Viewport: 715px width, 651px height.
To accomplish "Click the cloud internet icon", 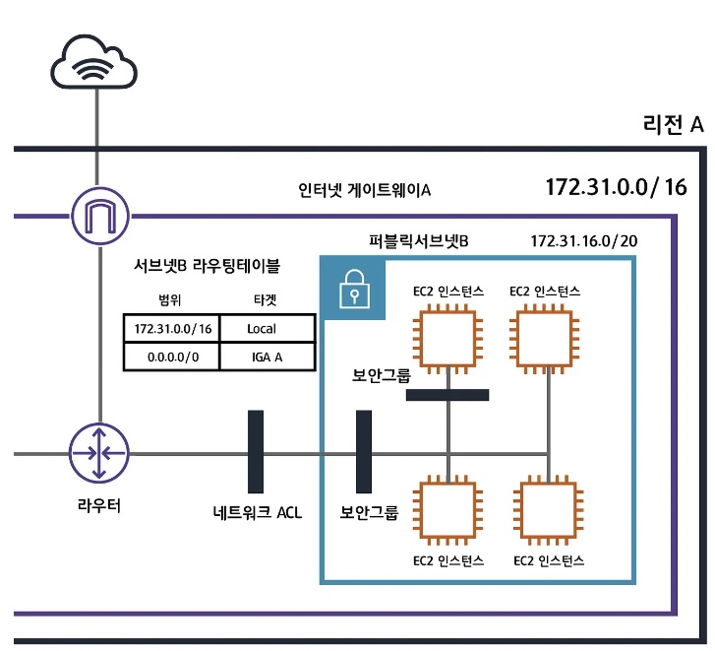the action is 93,62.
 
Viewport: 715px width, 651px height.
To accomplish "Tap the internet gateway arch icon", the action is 100,216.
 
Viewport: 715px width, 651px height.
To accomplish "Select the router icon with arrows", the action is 99,453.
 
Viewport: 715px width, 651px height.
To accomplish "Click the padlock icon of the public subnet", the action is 354,290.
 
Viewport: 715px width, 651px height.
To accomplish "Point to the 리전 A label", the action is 673,124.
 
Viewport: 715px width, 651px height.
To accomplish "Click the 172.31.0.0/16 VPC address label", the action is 616,187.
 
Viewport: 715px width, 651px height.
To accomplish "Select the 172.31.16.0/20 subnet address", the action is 583,240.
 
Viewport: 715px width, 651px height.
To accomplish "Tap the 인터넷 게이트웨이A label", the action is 364,189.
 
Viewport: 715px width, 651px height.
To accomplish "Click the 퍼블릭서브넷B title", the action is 419,240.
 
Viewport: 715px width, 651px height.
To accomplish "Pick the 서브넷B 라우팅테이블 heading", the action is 207,265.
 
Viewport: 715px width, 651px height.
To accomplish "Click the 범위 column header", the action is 169,300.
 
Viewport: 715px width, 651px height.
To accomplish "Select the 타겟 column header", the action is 265,300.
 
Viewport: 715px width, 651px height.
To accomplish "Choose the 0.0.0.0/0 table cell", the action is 172,357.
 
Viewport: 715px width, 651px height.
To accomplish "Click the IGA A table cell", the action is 268,357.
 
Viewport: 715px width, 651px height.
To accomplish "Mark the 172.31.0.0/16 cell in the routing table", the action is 172,328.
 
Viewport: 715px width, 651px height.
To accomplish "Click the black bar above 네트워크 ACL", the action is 256,451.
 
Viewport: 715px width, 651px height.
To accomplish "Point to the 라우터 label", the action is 99,505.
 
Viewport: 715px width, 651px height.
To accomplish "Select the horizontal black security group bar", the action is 447,395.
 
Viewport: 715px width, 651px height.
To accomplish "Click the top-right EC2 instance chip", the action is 545,339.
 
